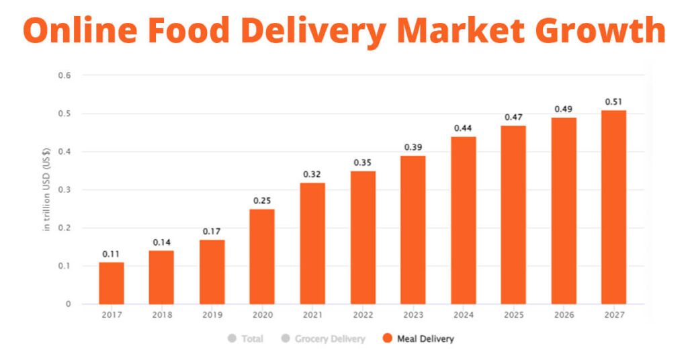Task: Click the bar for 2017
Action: click(x=111, y=283)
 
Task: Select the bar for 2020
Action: click(x=262, y=257)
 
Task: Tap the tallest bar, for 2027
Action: click(x=613, y=207)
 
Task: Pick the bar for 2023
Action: click(x=413, y=230)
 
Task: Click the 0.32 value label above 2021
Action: click(x=312, y=174)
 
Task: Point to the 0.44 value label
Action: click(x=463, y=128)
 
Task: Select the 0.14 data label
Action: click(x=161, y=242)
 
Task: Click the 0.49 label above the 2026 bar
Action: click(x=564, y=109)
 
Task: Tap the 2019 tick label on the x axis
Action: click(x=212, y=314)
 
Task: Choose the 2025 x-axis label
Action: click(x=513, y=314)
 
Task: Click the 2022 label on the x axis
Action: click(x=363, y=314)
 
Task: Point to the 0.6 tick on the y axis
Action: click(x=64, y=75)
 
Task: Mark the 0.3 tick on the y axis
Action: click(x=64, y=190)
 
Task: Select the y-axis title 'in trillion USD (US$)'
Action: click(x=47, y=190)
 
